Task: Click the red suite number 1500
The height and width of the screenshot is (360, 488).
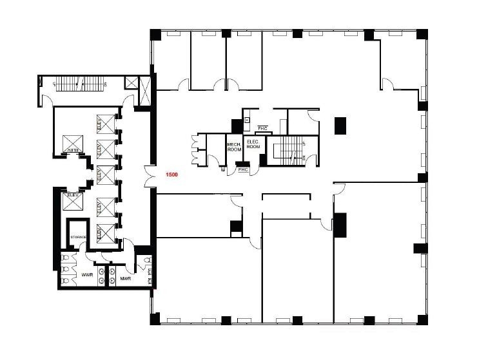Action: pyautogui.click(x=171, y=175)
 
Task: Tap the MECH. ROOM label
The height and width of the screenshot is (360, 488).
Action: pyautogui.click(x=234, y=146)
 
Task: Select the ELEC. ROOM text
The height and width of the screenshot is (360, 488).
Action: pyautogui.click(x=253, y=144)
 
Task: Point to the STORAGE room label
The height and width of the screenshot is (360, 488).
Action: pyautogui.click(x=79, y=238)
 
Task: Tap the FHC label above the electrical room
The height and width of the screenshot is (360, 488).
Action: pyautogui.click(x=262, y=129)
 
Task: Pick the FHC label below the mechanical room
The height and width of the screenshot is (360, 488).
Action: pyautogui.click(x=243, y=170)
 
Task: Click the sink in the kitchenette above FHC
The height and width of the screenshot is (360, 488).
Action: pyautogui.click(x=246, y=120)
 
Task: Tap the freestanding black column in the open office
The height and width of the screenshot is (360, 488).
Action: pyautogui.click(x=340, y=125)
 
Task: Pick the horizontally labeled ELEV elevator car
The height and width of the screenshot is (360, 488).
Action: pyautogui.click(x=73, y=201)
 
